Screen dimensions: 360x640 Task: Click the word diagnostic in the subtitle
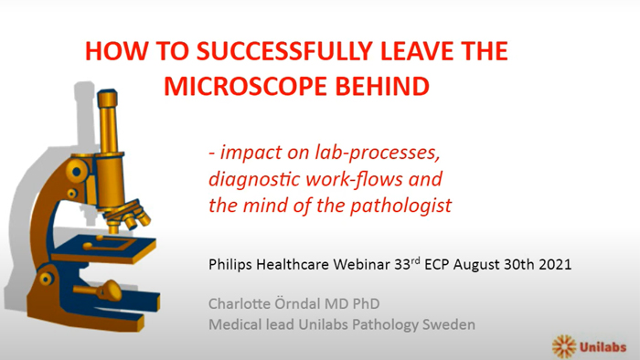tap(248, 177)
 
